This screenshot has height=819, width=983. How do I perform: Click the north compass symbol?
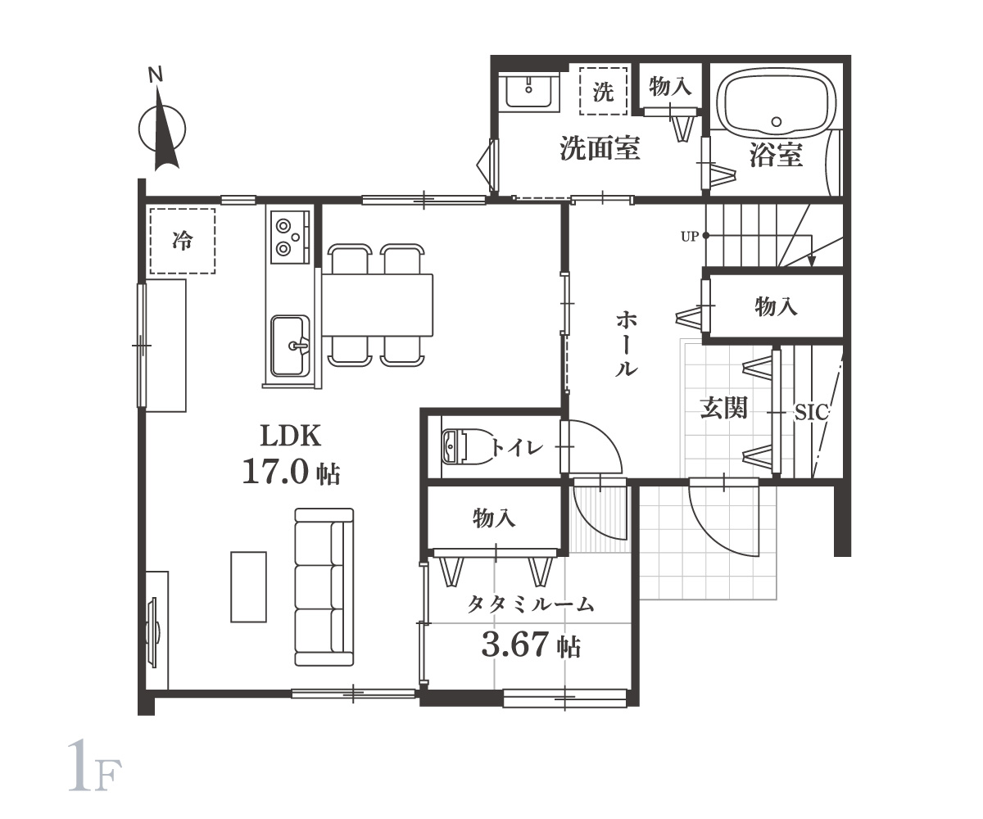point(162,127)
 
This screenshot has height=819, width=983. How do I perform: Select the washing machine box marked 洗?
point(603,91)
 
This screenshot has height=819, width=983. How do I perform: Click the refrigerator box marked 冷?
point(183,241)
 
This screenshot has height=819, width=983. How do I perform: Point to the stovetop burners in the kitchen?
point(289,237)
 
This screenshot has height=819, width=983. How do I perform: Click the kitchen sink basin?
point(291,346)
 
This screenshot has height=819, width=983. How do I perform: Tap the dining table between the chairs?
point(377,305)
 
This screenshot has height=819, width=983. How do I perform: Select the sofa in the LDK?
point(324,586)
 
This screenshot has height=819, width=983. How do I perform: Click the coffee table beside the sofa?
point(248,586)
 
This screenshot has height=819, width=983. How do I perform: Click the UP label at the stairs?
point(690,237)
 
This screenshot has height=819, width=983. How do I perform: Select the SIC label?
point(811,413)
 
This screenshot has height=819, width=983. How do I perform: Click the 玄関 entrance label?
point(724,408)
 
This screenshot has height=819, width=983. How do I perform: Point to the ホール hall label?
point(627,343)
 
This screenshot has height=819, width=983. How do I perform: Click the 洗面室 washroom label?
point(600,148)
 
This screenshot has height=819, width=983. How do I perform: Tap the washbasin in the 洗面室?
point(528,93)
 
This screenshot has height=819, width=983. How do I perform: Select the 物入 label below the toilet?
point(494,518)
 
